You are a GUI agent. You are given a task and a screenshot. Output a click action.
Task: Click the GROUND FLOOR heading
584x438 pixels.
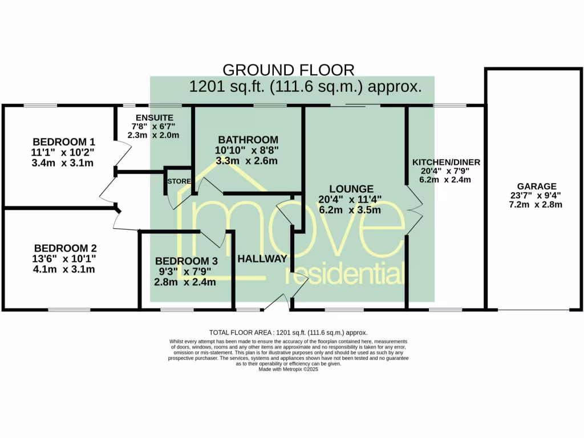[x=288, y=70]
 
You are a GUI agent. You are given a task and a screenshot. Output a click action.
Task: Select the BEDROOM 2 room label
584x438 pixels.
[x=65, y=248]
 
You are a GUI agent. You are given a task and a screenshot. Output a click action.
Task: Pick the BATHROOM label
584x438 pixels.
[x=248, y=140]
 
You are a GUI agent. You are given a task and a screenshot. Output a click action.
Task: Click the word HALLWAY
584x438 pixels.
[x=262, y=258]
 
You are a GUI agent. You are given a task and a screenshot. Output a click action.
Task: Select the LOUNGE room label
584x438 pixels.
[x=350, y=189]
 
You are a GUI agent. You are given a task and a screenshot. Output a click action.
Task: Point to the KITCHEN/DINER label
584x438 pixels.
[x=446, y=163]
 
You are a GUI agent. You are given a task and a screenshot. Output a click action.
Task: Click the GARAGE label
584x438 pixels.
[x=537, y=186]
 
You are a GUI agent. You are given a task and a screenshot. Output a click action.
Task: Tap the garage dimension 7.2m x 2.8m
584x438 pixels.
[x=537, y=204]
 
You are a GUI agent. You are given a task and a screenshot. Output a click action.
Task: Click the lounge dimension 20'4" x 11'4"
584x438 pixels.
[x=350, y=199]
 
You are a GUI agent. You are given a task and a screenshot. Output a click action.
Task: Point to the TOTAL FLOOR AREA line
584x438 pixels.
[x=288, y=332]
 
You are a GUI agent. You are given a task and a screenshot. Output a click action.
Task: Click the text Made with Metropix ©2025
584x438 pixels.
[x=288, y=370]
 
